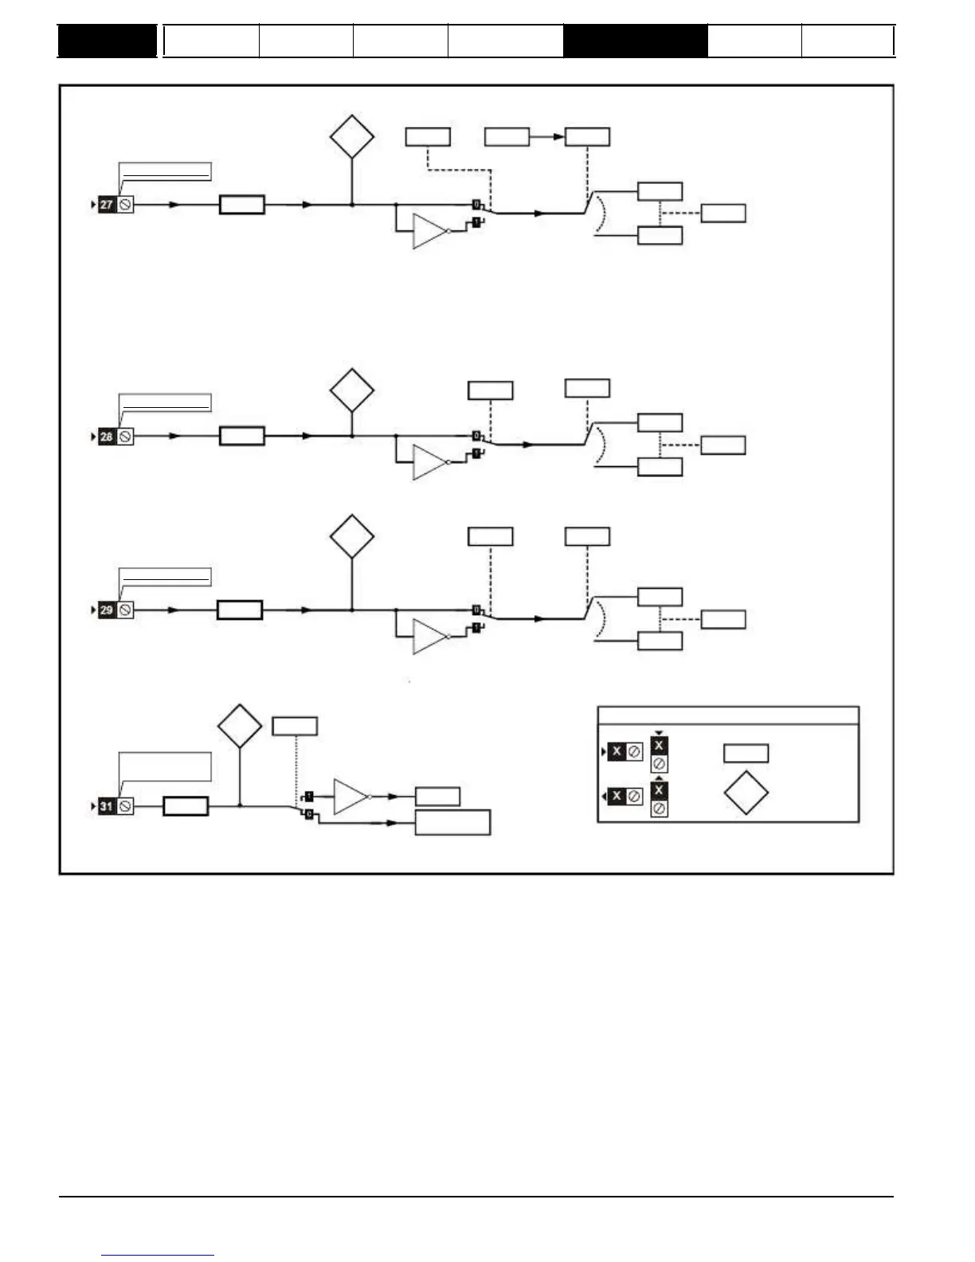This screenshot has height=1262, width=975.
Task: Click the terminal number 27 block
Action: pyautogui.click(x=107, y=205)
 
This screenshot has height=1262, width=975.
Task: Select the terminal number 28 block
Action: pyautogui.click(x=107, y=437)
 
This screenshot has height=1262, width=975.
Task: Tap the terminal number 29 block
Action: pyautogui.click(x=107, y=610)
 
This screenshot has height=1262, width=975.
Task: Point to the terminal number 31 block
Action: pyautogui.click(x=107, y=807)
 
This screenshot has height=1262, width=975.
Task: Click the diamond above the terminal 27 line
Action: pyautogui.click(x=352, y=136)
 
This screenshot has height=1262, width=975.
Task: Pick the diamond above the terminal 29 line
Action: pyautogui.click(x=352, y=536)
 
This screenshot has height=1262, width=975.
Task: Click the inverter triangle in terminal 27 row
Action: pyautogui.click(x=429, y=231)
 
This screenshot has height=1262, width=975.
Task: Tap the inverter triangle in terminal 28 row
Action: pyautogui.click(x=429, y=463)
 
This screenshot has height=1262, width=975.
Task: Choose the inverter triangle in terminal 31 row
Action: pyautogui.click(x=350, y=797)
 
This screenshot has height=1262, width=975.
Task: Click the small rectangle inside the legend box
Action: pyautogui.click(x=746, y=753)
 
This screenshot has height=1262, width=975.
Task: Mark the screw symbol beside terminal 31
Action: pyautogui.click(x=125, y=807)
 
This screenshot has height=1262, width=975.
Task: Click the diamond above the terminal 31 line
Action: pyautogui.click(x=240, y=726)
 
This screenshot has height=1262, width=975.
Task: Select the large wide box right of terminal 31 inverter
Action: pyautogui.click(x=452, y=822)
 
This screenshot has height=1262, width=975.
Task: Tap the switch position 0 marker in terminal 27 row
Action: pyautogui.click(x=476, y=205)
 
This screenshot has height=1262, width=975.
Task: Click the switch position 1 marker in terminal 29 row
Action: pyautogui.click(x=476, y=628)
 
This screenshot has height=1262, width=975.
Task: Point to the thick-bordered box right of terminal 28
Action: pyautogui.click(x=241, y=437)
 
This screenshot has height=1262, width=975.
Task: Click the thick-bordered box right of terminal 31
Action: pyautogui.click(x=186, y=806)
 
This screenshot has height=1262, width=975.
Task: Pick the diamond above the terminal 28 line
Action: pyautogui.click(x=352, y=390)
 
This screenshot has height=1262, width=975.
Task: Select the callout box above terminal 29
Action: pyautogui.click(x=165, y=577)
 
